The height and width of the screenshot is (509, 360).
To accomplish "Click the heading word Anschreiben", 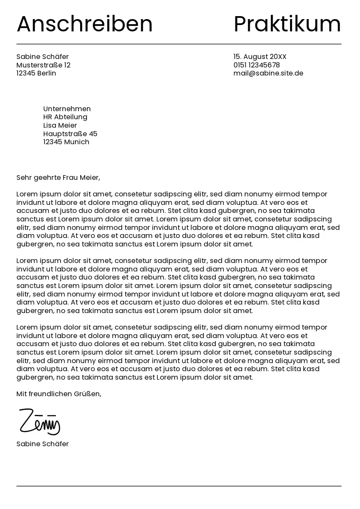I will click(84, 24).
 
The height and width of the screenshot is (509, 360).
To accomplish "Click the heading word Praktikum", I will click(287, 24).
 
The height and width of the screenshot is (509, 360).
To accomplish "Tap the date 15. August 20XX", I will click(260, 57).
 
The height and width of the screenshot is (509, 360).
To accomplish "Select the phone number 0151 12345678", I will click(257, 65).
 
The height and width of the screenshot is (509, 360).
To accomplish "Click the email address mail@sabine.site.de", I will click(268, 73).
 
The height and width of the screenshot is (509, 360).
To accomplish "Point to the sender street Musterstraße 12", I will click(43, 65).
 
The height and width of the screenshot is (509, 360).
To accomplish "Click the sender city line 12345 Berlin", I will click(36, 73).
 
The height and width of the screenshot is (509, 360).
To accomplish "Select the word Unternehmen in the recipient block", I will click(67, 109).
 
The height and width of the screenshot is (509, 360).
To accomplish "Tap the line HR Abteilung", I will click(65, 117).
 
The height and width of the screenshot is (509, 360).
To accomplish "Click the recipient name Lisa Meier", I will click(60, 126).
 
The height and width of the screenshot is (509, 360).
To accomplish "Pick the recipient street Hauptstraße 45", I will click(70, 134).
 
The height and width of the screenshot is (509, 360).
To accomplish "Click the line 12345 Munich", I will click(66, 142).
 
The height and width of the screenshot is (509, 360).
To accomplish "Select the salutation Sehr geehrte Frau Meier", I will click(58, 178).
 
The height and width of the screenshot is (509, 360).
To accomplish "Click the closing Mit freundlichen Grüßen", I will click(59, 394).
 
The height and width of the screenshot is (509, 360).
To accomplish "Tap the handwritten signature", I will click(39, 422).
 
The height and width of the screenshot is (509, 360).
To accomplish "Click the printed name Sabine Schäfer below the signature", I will click(42, 444).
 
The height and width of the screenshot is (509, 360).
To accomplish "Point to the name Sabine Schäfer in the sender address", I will click(42, 57).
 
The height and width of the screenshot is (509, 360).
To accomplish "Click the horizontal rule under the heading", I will click(179, 44).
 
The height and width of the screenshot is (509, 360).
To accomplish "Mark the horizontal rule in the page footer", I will click(179, 486).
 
